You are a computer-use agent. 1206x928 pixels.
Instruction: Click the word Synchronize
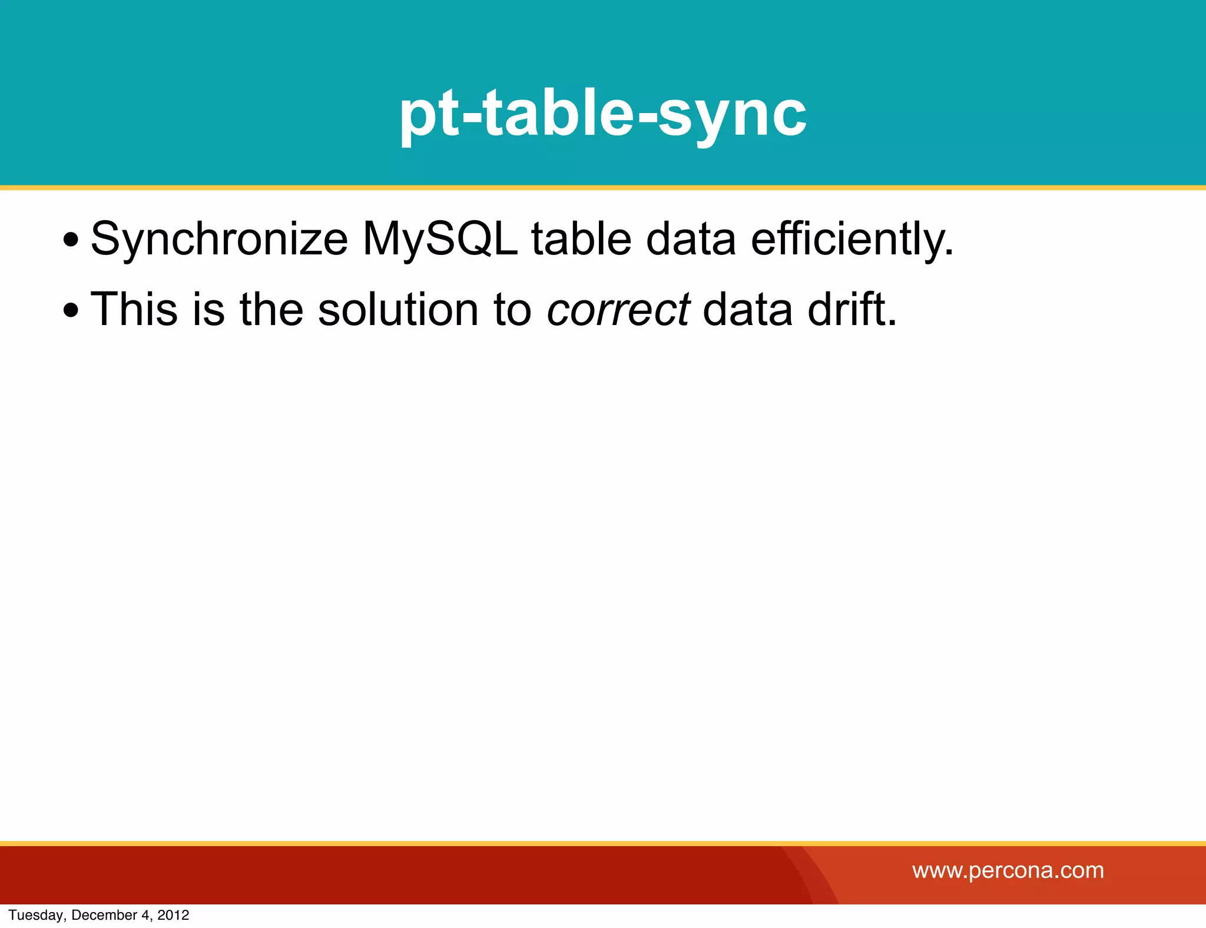(x=219, y=240)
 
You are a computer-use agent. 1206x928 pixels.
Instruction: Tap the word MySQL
(x=440, y=240)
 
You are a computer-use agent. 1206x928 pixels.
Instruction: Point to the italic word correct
(x=618, y=310)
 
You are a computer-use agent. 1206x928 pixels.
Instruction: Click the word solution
(x=398, y=309)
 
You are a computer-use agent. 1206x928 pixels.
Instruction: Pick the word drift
(x=852, y=309)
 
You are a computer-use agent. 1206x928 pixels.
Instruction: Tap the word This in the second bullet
(x=134, y=309)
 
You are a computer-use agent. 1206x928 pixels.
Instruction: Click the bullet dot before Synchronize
(x=71, y=240)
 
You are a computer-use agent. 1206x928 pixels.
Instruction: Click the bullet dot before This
(x=71, y=310)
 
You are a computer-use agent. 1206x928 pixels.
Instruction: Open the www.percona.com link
(x=1008, y=870)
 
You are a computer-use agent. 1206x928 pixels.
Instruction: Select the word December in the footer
(x=104, y=915)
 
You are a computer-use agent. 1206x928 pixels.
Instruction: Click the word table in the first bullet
(x=581, y=240)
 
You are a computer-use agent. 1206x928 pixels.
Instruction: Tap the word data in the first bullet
(x=691, y=240)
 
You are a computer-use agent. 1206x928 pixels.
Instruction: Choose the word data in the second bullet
(x=747, y=309)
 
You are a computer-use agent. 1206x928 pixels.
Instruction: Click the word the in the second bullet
(x=271, y=309)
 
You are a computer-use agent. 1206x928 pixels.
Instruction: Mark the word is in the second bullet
(x=208, y=309)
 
